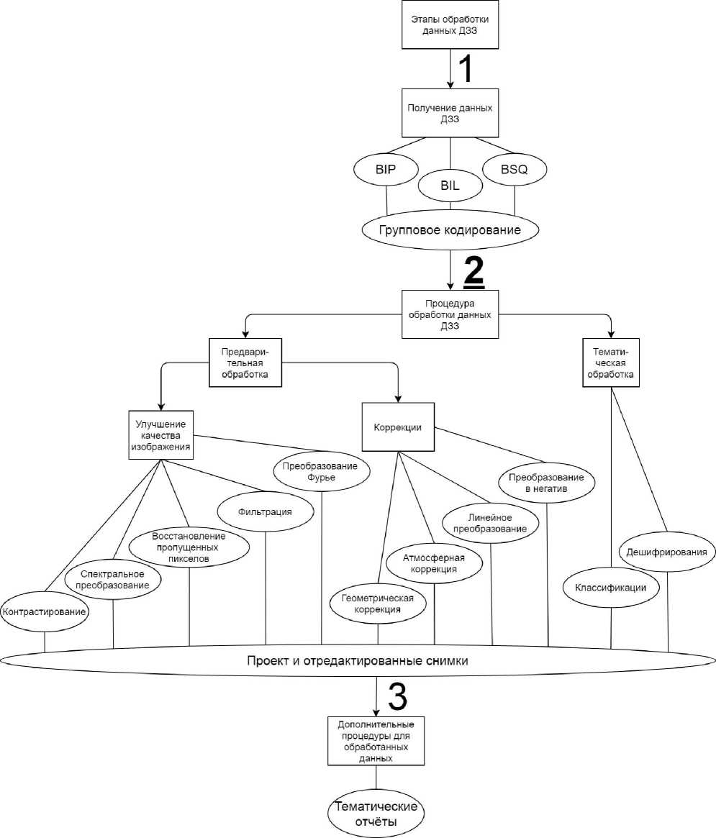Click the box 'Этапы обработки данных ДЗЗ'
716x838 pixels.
pyautogui.click(x=450, y=27)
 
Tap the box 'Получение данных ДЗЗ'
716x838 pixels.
pyautogui.click(x=450, y=114)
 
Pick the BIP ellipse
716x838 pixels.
pyautogui.click(x=386, y=170)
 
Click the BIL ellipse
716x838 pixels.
pyautogui.click(x=450, y=185)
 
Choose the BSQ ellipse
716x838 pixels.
pyautogui.click(x=515, y=170)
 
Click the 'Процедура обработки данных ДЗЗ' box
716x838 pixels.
pyautogui.click(x=450, y=314)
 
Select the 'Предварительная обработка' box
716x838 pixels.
pyautogui.click(x=245, y=363)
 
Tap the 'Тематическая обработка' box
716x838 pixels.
pyautogui.click(x=611, y=363)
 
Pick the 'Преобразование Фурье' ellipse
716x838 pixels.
pyautogui.click(x=321, y=472)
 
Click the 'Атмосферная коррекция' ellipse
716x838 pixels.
pyautogui.click(x=435, y=563)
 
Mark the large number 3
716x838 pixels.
pyautogui.click(x=397, y=696)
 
